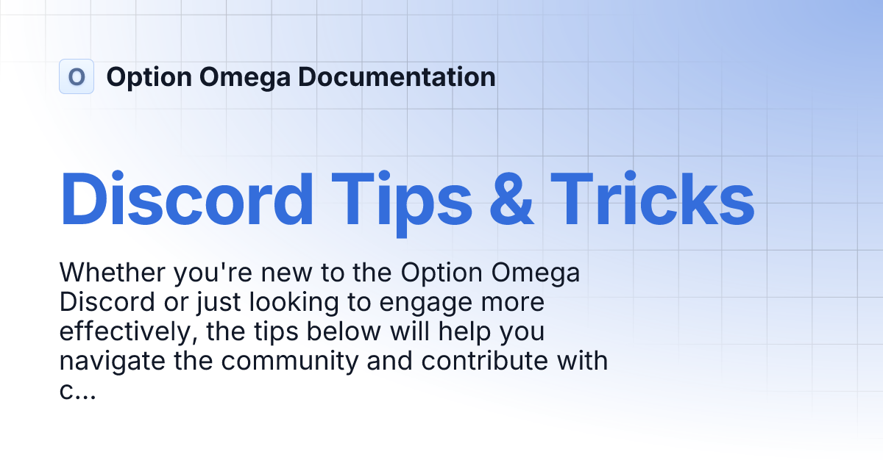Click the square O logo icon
[x=77, y=76]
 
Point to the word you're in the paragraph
[x=212, y=273]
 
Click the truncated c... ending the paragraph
[x=77, y=391]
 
